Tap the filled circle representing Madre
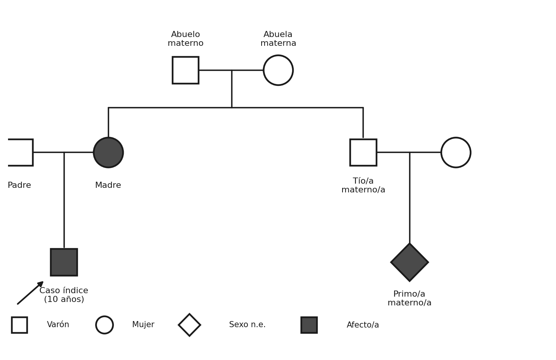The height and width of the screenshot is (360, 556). (x=108, y=152)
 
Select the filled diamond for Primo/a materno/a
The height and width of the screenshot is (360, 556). (x=409, y=262)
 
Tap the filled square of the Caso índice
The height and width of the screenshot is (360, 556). (x=64, y=262)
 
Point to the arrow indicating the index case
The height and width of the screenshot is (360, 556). (x=30, y=293)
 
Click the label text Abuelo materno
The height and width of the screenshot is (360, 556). (x=186, y=39)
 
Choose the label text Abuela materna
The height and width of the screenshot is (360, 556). (x=278, y=39)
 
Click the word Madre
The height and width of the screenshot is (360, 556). (x=108, y=185)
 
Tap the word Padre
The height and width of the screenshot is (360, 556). (x=19, y=185)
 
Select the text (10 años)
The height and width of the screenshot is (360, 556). (x=64, y=299)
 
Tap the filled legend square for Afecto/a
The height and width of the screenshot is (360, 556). (x=309, y=325)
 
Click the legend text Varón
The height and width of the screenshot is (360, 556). (x=58, y=324)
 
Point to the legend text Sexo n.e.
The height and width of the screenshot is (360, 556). (x=247, y=324)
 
